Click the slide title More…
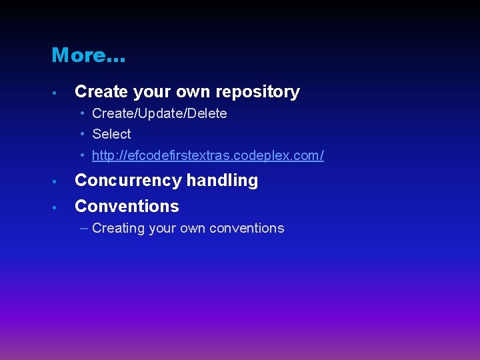(x=88, y=55)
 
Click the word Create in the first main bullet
(x=99, y=92)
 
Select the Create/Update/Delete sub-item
(x=159, y=114)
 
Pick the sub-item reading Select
(x=111, y=135)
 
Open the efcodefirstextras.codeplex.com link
(x=208, y=156)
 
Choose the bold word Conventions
(x=127, y=207)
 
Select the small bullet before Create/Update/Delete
(x=83, y=113)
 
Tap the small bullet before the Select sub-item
(x=83, y=134)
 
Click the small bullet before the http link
(x=83, y=155)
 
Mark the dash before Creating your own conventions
(x=83, y=228)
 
